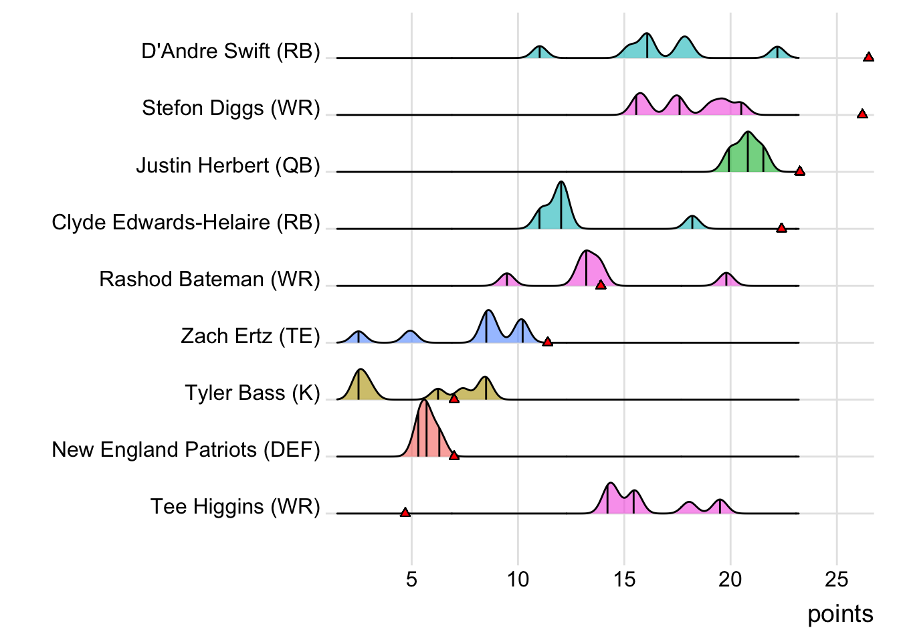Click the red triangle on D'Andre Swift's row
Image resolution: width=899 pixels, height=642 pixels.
point(868,57)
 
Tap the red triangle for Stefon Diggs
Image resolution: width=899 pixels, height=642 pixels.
point(862,114)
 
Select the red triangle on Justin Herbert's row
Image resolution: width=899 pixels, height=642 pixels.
point(799,171)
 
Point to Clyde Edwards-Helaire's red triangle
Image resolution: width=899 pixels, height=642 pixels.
point(781,228)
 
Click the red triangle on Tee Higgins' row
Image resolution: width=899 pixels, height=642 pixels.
point(405,512)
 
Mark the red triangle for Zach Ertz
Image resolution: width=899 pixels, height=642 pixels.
point(547,342)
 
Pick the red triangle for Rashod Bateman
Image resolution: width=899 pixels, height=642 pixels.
point(601,285)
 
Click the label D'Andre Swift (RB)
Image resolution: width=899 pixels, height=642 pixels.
point(231,51)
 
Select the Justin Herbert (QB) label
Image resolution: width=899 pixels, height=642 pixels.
point(228,165)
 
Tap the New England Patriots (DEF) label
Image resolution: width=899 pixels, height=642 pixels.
point(186,449)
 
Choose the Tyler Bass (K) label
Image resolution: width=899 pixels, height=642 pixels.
point(253,393)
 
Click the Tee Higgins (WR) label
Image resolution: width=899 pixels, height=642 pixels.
point(235,506)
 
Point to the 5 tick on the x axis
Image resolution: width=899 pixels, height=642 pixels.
point(411,579)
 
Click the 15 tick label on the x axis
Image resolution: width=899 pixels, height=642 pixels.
point(624,579)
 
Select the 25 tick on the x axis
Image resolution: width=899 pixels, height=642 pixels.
point(837,579)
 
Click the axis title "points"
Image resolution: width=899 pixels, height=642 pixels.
point(840,614)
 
